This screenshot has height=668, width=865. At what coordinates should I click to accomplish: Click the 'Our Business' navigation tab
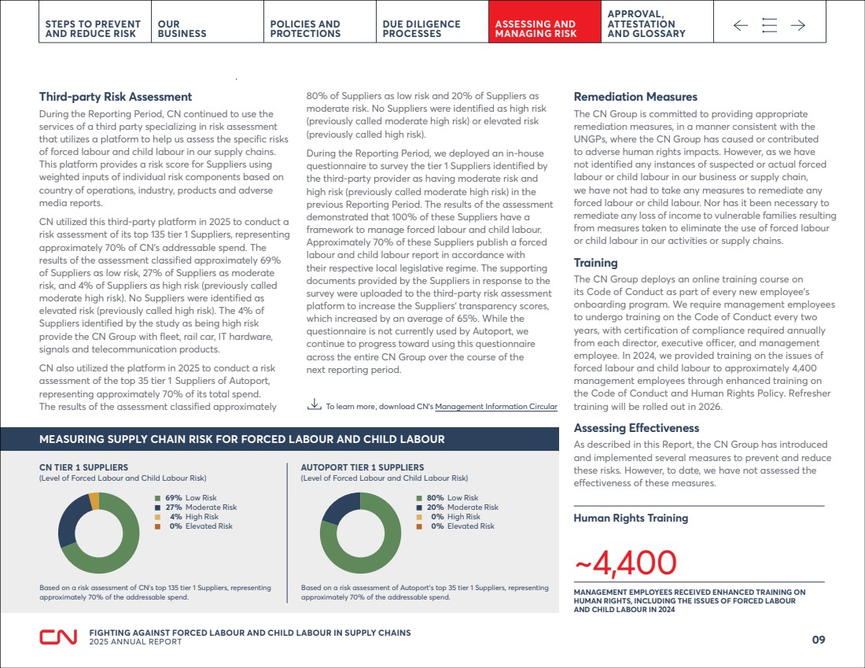[x=182, y=29]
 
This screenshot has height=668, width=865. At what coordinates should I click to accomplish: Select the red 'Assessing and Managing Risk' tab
[x=535, y=29]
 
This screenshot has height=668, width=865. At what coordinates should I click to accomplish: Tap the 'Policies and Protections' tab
[x=305, y=29]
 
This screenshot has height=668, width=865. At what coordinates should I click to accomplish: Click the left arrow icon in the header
[x=741, y=26]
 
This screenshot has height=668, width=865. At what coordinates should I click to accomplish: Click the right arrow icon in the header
[x=798, y=26]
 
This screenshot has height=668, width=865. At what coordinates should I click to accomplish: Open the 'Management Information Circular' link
[x=496, y=407]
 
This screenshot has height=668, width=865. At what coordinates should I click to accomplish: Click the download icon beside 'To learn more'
[x=314, y=405]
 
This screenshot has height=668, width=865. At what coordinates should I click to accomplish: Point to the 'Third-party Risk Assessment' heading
[x=116, y=97]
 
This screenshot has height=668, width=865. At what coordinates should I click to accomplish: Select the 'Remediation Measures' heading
[x=635, y=97]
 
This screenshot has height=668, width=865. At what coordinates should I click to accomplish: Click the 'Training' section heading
[x=595, y=263]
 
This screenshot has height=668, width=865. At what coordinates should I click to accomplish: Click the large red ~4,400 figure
[x=625, y=563]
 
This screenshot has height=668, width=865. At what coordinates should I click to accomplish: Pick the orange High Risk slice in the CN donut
[x=94, y=500]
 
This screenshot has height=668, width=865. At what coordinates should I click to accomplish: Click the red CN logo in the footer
[x=57, y=637]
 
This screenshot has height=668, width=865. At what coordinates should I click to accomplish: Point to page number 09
[x=818, y=640]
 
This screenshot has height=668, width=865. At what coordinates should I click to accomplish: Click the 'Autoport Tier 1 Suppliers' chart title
[x=362, y=467]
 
